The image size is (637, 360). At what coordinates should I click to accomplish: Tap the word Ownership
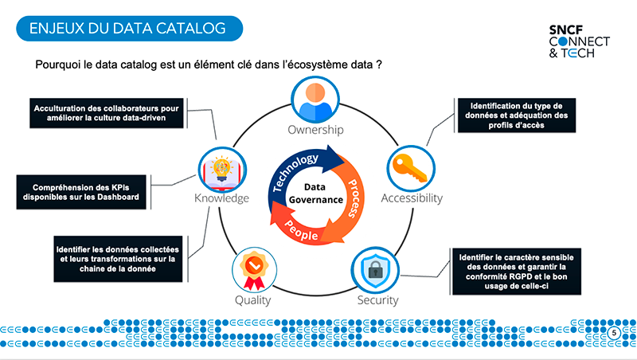point(316,129)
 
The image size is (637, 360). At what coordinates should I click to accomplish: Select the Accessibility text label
point(411,198)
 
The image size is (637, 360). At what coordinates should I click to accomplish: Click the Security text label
point(377,300)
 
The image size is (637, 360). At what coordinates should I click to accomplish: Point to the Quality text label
point(252,300)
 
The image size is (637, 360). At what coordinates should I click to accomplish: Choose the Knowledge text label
point(222,198)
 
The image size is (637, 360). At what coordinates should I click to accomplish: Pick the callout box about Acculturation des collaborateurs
point(107,112)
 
